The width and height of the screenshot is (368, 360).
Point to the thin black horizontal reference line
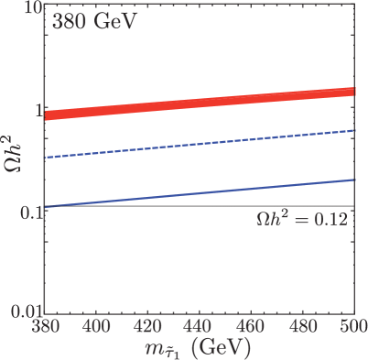(x=137, y=206)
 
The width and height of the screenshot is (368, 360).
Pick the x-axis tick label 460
(x=251, y=326)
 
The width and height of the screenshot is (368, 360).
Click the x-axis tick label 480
(x=302, y=326)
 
